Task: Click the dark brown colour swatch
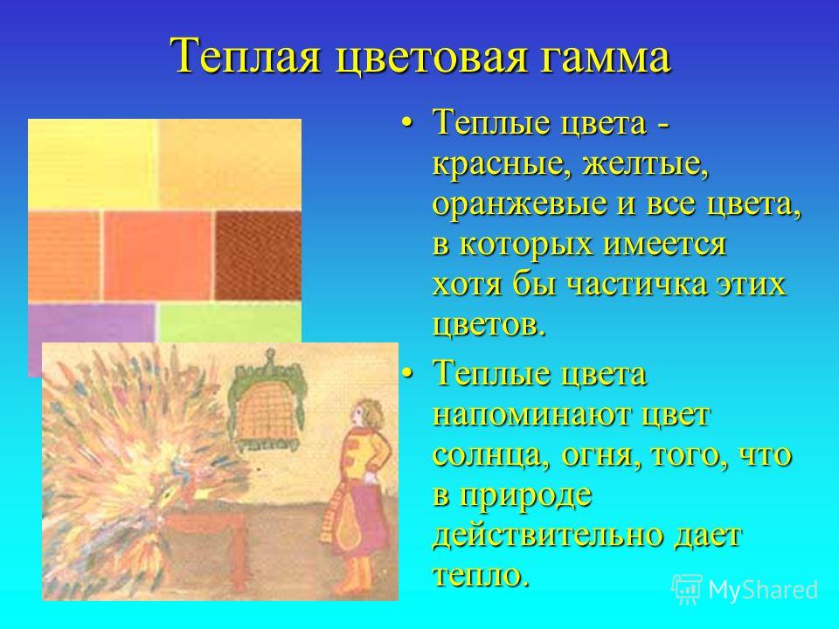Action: coord(258,255)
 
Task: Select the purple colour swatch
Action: coord(92,332)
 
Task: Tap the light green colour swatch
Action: coord(230,323)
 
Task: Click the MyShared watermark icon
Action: coord(687,590)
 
